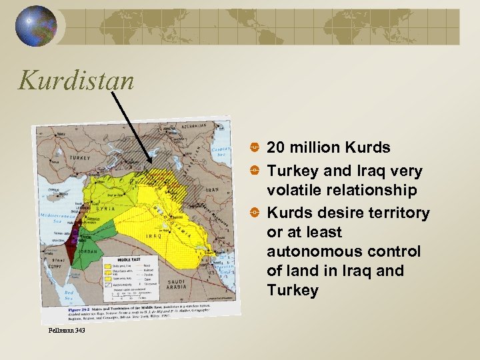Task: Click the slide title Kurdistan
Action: coord(76,81)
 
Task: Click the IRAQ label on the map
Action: coord(153,236)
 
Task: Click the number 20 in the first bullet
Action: coord(275,147)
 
